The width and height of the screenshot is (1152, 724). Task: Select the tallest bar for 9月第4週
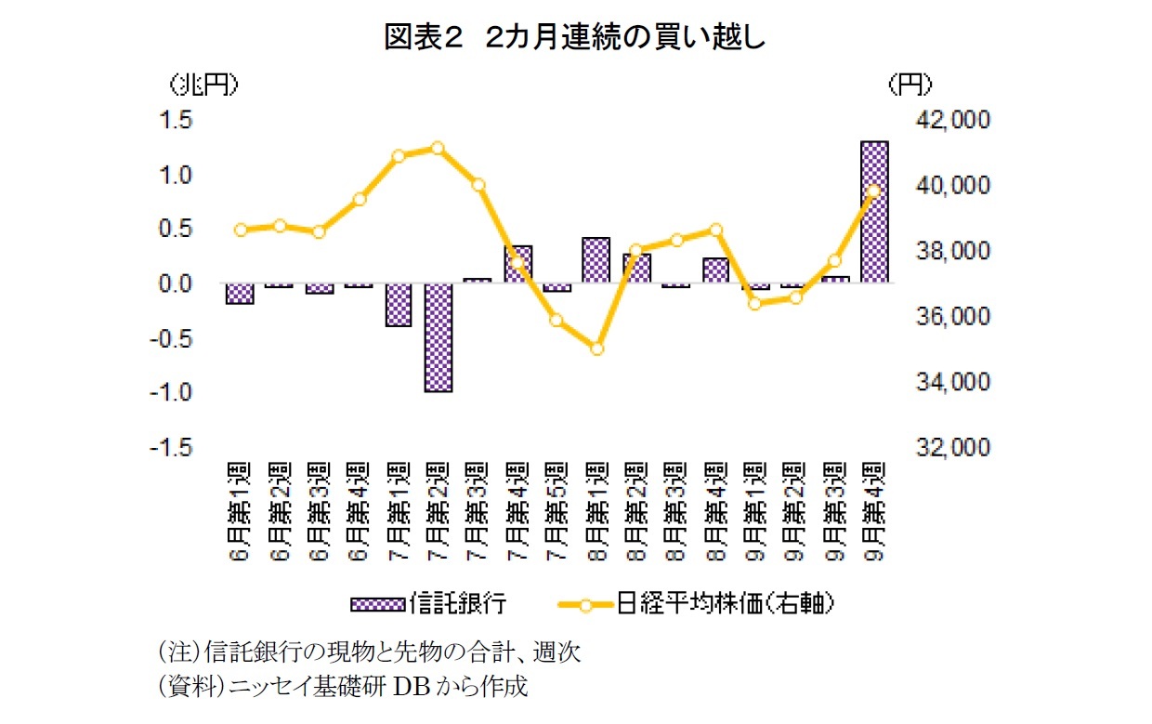click(874, 212)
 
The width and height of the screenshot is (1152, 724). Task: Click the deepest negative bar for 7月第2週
click(439, 337)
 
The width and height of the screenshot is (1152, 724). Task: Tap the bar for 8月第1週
click(596, 260)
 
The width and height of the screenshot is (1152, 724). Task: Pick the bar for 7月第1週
click(399, 305)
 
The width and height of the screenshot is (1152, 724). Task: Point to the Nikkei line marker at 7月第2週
click(439, 148)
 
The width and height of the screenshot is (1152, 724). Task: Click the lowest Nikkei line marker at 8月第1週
click(596, 349)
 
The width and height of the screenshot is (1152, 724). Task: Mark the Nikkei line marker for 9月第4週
click(873, 191)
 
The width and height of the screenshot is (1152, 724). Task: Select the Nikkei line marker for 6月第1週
click(241, 230)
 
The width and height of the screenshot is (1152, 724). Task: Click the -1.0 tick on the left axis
click(174, 393)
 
